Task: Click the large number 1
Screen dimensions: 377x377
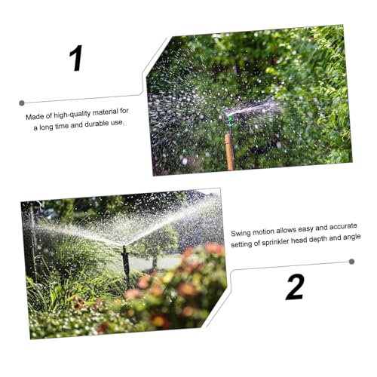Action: (x=76, y=58)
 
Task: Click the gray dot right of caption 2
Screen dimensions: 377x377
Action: (x=351, y=262)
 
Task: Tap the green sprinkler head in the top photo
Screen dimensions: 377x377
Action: (x=230, y=119)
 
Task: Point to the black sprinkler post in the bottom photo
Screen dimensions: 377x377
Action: (x=126, y=264)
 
